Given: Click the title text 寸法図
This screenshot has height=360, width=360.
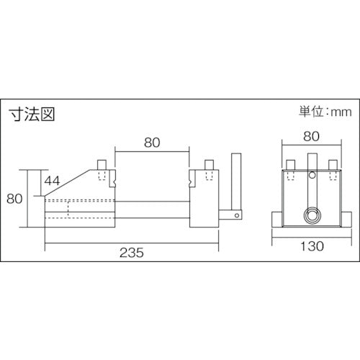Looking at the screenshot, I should click(x=32, y=113).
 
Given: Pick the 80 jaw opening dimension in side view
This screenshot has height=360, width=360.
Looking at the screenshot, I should click(x=152, y=143).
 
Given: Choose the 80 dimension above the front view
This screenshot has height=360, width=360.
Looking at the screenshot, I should click(x=310, y=135).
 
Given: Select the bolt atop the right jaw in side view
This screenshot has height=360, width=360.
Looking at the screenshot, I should click(x=209, y=165).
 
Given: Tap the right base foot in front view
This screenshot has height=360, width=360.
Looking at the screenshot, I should click(x=346, y=217).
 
